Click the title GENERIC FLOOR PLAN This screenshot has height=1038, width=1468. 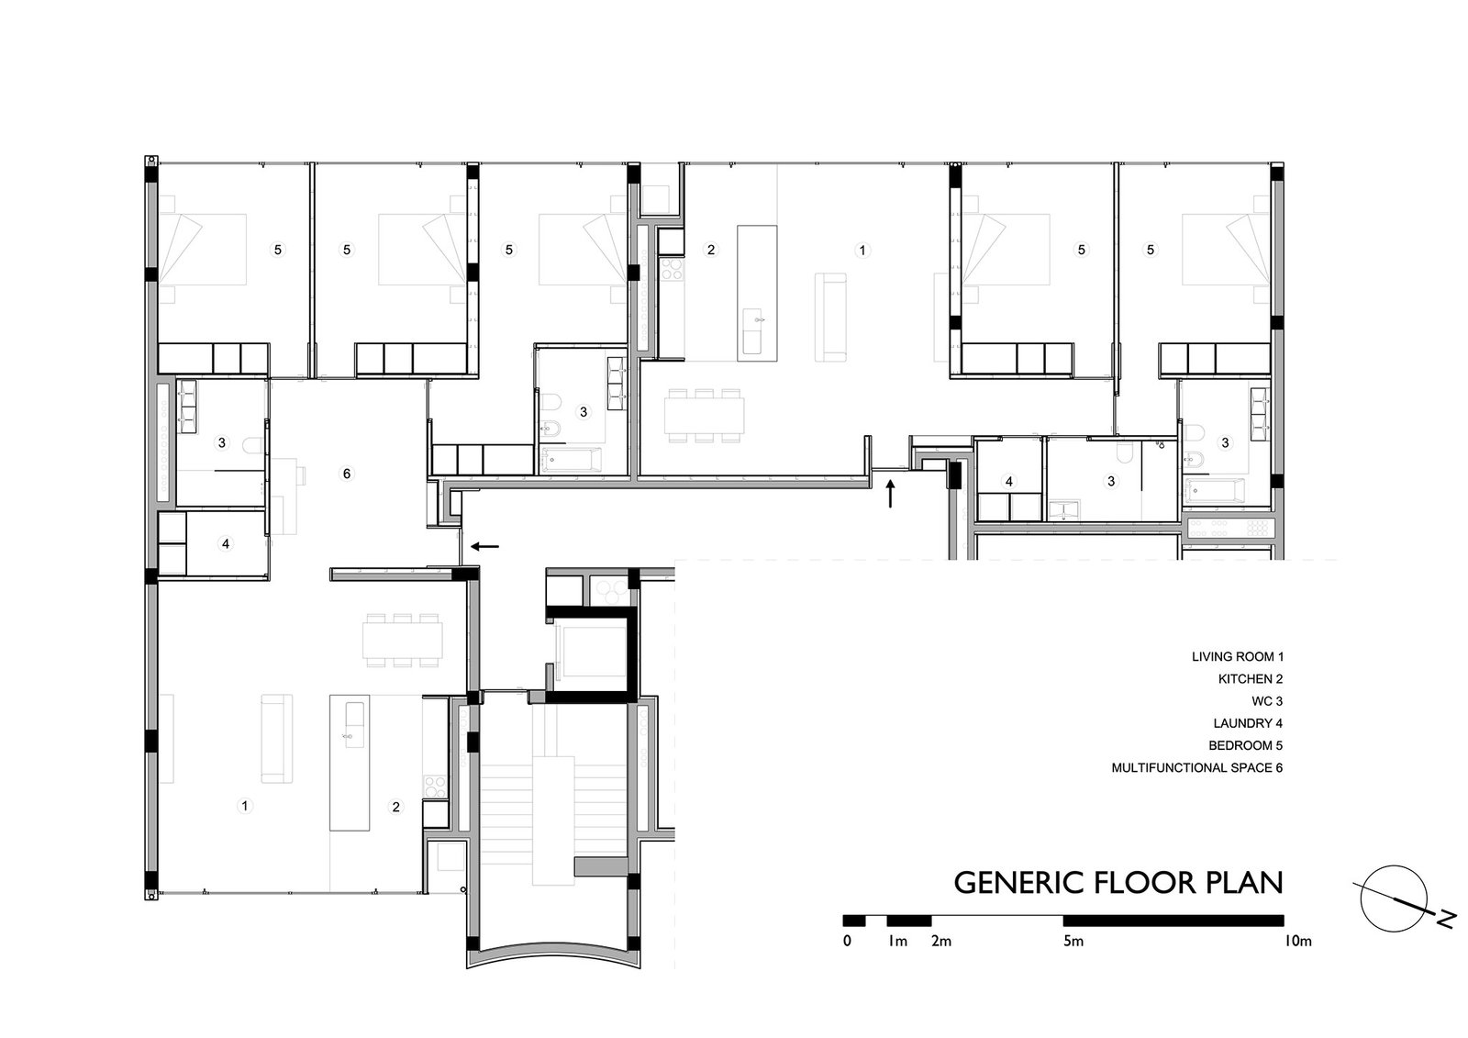[x=1118, y=883]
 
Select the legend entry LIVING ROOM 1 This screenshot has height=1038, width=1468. [x=1238, y=656]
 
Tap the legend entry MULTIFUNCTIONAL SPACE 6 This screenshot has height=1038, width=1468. [x=1197, y=767]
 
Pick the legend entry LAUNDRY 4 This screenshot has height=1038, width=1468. [x=1248, y=723]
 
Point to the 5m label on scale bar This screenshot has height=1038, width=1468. [x=1073, y=942]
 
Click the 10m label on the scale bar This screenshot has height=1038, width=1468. [x=1297, y=942]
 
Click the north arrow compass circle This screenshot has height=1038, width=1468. [x=1394, y=898]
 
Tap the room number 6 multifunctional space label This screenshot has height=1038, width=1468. [x=347, y=474]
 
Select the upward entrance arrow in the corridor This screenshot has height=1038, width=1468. [x=890, y=494]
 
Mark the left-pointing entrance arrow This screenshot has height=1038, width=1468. [x=485, y=545]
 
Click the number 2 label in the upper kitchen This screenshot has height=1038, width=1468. [x=711, y=250]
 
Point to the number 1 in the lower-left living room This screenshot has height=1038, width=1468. [x=245, y=805]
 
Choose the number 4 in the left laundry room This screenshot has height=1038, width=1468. [x=226, y=543]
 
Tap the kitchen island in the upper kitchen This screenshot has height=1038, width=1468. [x=757, y=293]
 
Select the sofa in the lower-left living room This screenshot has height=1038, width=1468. [x=276, y=739]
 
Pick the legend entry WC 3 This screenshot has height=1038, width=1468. [x=1267, y=701]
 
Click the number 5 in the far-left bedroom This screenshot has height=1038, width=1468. [x=278, y=250]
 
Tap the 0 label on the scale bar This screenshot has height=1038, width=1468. [x=848, y=942]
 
